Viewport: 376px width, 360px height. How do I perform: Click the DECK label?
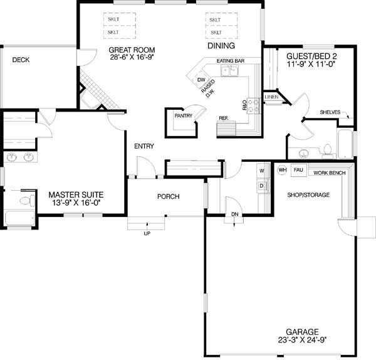tap(21, 60)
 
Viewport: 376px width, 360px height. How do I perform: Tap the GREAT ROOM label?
tap(132, 50)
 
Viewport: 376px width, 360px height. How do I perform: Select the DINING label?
tap(221, 46)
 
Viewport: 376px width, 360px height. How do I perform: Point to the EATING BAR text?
tap(231, 61)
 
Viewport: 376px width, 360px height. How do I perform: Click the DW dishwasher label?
tap(201, 80)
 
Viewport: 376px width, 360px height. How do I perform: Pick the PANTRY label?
tap(184, 115)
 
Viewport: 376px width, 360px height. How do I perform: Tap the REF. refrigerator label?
tap(224, 118)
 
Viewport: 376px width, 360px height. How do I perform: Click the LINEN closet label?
tap(271, 97)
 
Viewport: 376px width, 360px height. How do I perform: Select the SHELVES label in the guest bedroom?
tap(330, 112)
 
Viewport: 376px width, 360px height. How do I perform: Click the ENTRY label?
tap(144, 146)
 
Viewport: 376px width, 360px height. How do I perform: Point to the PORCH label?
tap(169, 196)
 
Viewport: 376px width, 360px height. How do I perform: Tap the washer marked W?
tap(262, 171)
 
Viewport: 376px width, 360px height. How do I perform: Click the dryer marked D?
tap(261, 186)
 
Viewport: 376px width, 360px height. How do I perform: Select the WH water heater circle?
tap(282, 170)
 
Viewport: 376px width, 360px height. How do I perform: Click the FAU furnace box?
tap(298, 170)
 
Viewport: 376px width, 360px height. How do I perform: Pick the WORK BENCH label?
tap(330, 173)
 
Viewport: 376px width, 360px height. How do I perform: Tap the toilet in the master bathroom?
tap(27, 201)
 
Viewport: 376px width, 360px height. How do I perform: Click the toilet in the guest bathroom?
tap(327, 151)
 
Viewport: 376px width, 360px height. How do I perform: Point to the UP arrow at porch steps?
tap(147, 226)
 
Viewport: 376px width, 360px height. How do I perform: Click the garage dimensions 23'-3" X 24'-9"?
tap(303, 340)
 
